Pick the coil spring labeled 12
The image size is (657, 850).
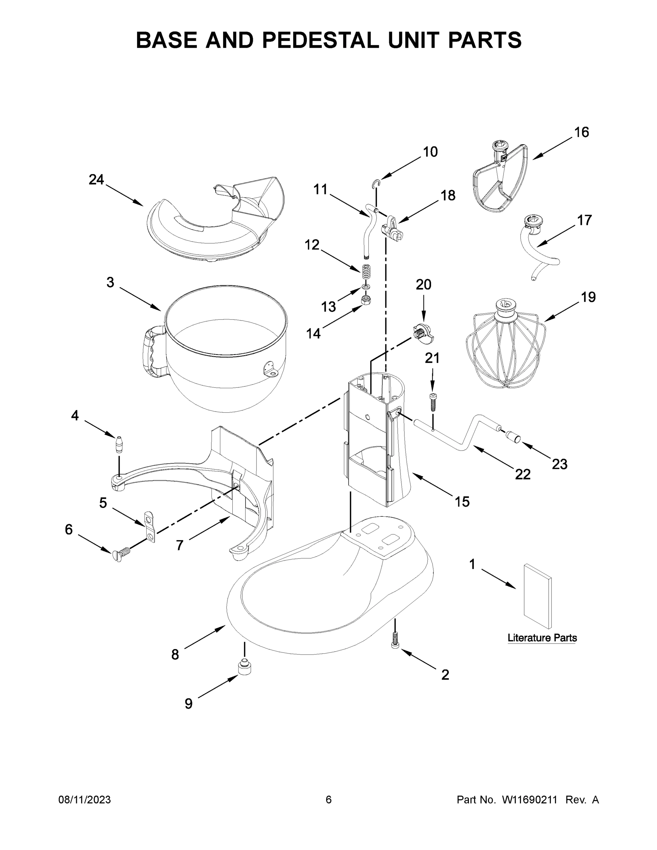coord(366,271)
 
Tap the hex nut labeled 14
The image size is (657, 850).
coord(366,300)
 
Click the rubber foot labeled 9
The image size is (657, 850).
coord(244,668)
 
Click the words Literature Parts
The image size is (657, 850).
coord(542,638)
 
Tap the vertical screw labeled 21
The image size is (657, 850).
coord(433,402)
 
